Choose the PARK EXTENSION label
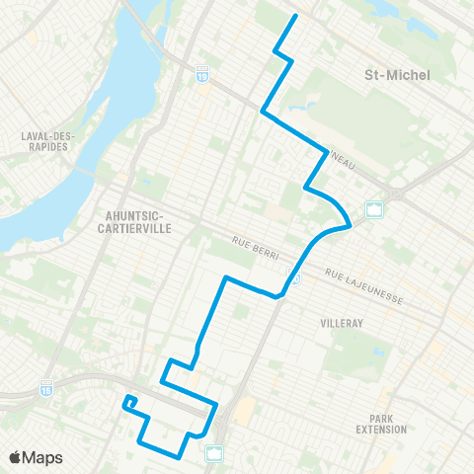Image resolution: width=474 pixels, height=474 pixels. pos(381,424)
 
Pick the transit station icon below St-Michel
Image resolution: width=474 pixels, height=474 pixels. pos(374,209)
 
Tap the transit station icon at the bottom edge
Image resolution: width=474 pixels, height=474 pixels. pos(214,453)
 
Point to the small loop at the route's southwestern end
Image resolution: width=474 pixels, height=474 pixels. pos(129,401)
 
